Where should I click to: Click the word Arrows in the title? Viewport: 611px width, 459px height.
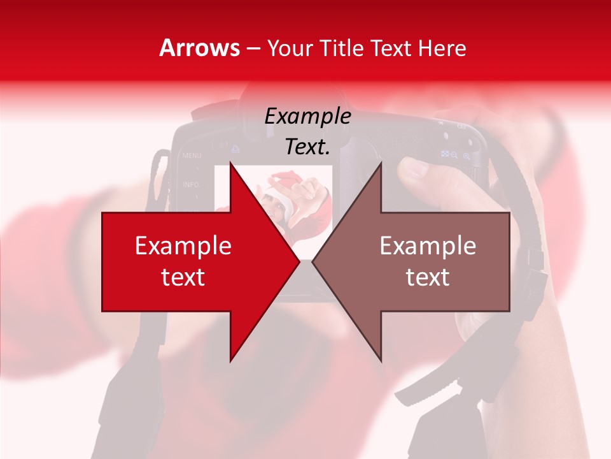pyautogui.click(x=199, y=48)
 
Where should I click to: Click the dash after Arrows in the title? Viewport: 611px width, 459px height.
pyautogui.click(x=253, y=49)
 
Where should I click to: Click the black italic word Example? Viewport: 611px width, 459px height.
pyautogui.click(x=307, y=117)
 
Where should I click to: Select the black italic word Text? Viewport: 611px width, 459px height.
pyautogui.click(x=307, y=147)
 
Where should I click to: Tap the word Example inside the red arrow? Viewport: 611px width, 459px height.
pyautogui.click(x=183, y=246)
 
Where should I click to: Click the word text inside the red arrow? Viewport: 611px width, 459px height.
pyautogui.click(x=183, y=277)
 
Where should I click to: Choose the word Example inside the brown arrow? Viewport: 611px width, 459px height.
pyautogui.click(x=428, y=246)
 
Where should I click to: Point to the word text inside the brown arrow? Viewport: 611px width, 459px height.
pyautogui.click(x=428, y=277)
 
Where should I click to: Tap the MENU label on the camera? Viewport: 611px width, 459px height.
pyautogui.click(x=192, y=155)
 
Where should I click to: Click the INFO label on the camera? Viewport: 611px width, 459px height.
pyautogui.click(x=191, y=184)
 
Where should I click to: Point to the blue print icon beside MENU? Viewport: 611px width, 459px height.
pyautogui.click(x=235, y=149)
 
